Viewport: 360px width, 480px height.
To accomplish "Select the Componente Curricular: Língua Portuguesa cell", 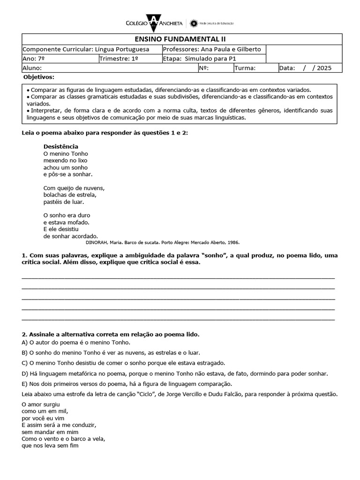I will coord(86,49).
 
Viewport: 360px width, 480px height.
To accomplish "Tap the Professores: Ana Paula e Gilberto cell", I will coord(212,49).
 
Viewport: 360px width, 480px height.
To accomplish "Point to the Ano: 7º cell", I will coord(33,59).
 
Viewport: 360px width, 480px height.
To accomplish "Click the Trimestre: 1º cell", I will coord(119,59).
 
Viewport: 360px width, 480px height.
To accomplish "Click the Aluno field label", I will coord(32,68).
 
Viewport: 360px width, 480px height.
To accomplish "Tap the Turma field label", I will coord(245,68).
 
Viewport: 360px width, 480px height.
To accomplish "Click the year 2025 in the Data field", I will coord(324,68).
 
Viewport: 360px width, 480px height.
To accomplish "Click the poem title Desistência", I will coord(60,146).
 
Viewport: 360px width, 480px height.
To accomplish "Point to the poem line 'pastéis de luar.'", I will coord(63,202).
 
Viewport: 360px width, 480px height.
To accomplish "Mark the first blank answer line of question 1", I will coord(178,277).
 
